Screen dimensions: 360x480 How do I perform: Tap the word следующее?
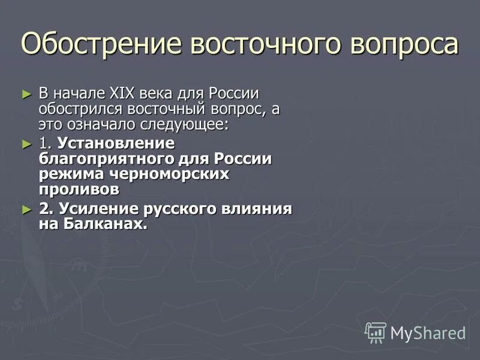(191, 125)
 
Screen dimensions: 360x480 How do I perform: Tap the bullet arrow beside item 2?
(26, 210)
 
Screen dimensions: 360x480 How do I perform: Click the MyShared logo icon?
(376, 332)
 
